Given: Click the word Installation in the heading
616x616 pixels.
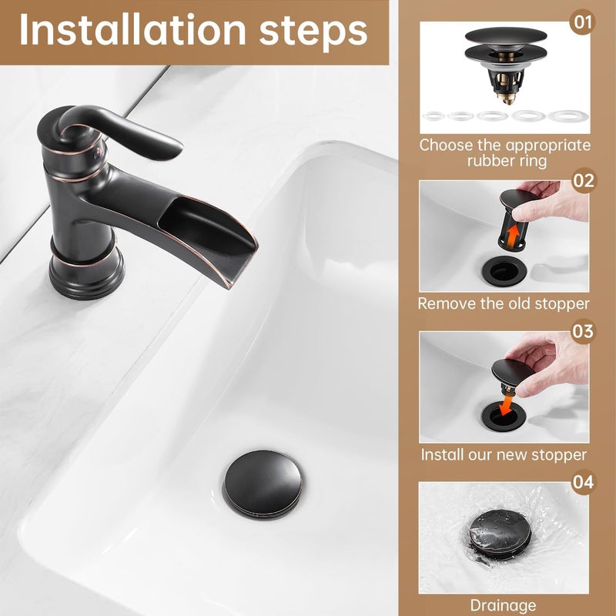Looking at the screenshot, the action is click(132, 30).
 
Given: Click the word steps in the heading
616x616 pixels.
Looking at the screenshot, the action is click(313, 32).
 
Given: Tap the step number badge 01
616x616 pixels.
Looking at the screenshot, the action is click(583, 22).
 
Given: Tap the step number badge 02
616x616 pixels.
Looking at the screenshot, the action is click(584, 181).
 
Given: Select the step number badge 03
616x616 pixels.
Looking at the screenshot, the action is click(583, 331).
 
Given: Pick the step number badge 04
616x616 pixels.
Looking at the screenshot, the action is click(584, 482).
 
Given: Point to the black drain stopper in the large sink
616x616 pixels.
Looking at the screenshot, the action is click(263, 484).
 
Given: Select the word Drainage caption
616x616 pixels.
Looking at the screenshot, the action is click(503, 605).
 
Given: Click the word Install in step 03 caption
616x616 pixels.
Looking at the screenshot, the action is click(442, 454).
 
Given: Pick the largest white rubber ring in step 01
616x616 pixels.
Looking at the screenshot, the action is click(568, 116).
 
